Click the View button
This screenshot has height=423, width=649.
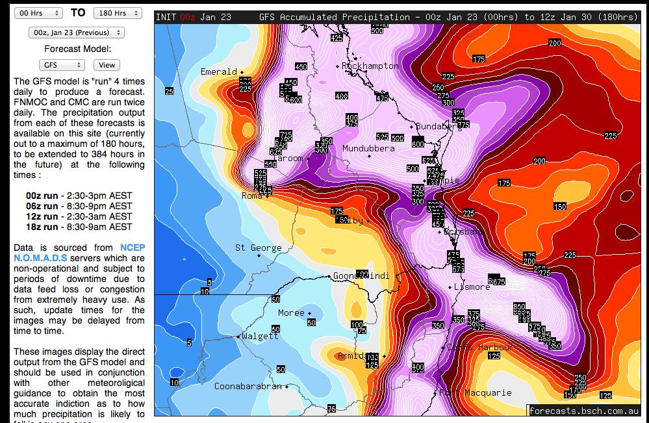click(107, 65)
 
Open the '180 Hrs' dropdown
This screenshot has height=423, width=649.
click(118, 13)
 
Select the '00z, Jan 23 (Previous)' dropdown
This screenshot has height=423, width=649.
click(77, 32)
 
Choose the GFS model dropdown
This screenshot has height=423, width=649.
click(62, 65)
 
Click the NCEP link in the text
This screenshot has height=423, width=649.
click(133, 248)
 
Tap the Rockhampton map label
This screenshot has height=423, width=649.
click(370, 66)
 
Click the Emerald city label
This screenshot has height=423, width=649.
click(219, 71)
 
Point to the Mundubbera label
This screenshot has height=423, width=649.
click(368, 148)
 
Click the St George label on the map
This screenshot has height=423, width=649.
click(258, 248)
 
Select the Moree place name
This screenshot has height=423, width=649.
click(291, 313)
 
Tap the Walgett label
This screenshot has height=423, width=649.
click(260, 336)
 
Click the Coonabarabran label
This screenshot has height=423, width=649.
click(248, 386)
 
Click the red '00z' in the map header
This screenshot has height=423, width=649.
click(188, 17)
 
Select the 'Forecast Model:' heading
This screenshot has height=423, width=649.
click(77, 49)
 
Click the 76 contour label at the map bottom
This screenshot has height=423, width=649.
click(331, 409)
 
